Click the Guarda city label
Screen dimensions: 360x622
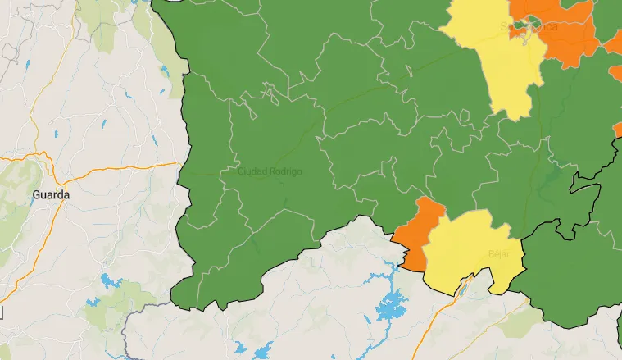tap(51, 195)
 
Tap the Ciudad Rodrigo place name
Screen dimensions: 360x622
tap(270, 172)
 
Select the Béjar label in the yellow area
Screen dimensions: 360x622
tap(498, 254)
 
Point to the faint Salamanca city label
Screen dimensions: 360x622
tap(529, 27)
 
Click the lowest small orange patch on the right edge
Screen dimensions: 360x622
tap(618, 130)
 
